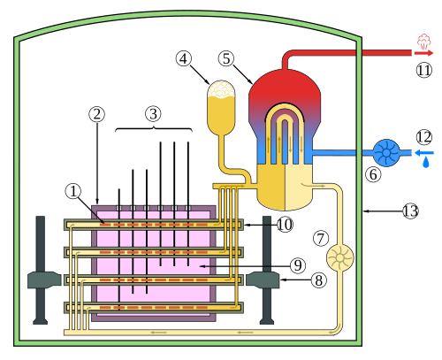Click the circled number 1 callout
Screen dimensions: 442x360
click(73, 191)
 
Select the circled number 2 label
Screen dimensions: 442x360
click(97, 114)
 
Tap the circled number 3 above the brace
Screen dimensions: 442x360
click(153, 114)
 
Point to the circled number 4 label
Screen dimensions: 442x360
click(184, 58)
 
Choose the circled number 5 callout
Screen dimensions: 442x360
click(226, 58)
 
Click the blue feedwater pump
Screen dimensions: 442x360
click(386, 153)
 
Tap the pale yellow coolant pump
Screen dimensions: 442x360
click(339, 257)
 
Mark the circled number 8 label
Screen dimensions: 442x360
click(319, 280)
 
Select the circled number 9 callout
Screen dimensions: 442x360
click(298, 265)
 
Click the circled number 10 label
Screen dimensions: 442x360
click(285, 225)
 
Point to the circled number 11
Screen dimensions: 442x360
click(424, 70)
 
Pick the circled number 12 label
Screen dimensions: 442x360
click(424, 137)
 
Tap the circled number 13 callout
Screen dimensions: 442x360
click(410, 211)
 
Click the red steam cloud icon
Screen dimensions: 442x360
click(423, 42)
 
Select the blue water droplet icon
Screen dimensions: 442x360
click(426, 163)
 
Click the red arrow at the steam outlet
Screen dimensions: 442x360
click(423, 53)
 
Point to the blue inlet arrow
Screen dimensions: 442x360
click(424, 153)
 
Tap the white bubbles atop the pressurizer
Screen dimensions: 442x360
click(221, 88)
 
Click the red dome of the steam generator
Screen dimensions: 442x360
click(285, 86)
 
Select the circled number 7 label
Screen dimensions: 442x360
click(321, 238)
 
